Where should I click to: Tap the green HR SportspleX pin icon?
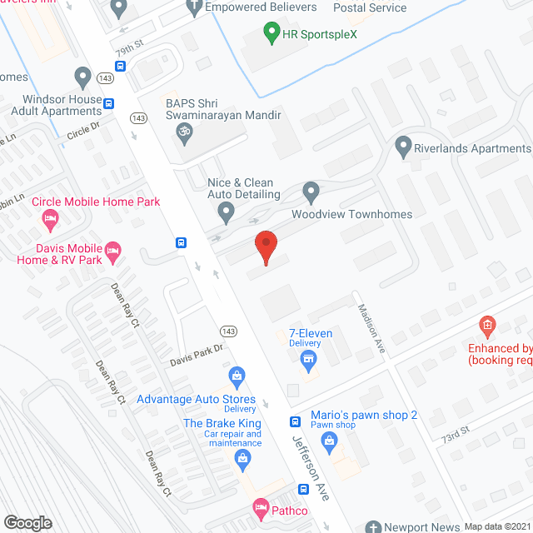tap(271, 34)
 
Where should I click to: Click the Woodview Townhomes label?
tap(351, 214)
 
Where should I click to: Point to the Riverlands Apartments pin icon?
tap(404, 148)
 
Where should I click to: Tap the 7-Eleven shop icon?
tap(309, 361)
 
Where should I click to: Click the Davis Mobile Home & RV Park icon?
tap(114, 250)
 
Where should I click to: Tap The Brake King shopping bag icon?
tap(242, 457)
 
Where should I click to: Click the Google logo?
tap(28, 522)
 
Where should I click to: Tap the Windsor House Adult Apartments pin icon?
tap(82, 77)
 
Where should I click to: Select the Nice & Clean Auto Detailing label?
tap(243, 187)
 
